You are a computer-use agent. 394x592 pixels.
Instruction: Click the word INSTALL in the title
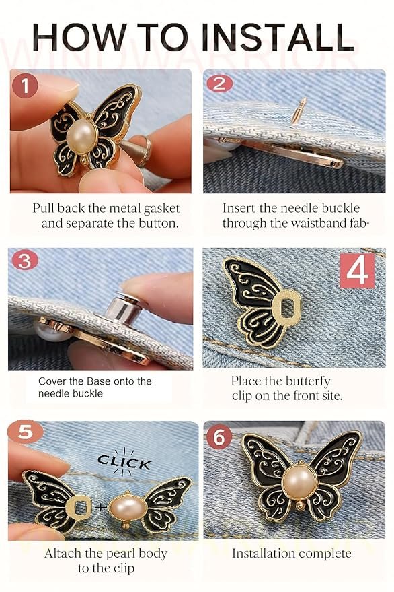[x=278, y=37]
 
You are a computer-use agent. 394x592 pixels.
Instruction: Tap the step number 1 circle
[x=24, y=86]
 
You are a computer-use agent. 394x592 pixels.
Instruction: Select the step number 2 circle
[x=219, y=84]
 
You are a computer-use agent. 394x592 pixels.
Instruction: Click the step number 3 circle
[x=25, y=261]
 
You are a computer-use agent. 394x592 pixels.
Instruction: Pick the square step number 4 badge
[x=358, y=270]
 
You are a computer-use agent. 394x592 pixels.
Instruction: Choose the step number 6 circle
[x=219, y=437]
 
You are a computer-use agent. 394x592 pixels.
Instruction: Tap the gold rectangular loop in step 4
[x=287, y=307]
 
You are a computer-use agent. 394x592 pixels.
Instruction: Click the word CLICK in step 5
[x=124, y=463]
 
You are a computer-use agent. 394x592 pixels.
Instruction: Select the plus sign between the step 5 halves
[x=101, y=506]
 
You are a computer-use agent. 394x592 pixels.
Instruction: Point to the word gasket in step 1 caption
[x=161, y=209]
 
